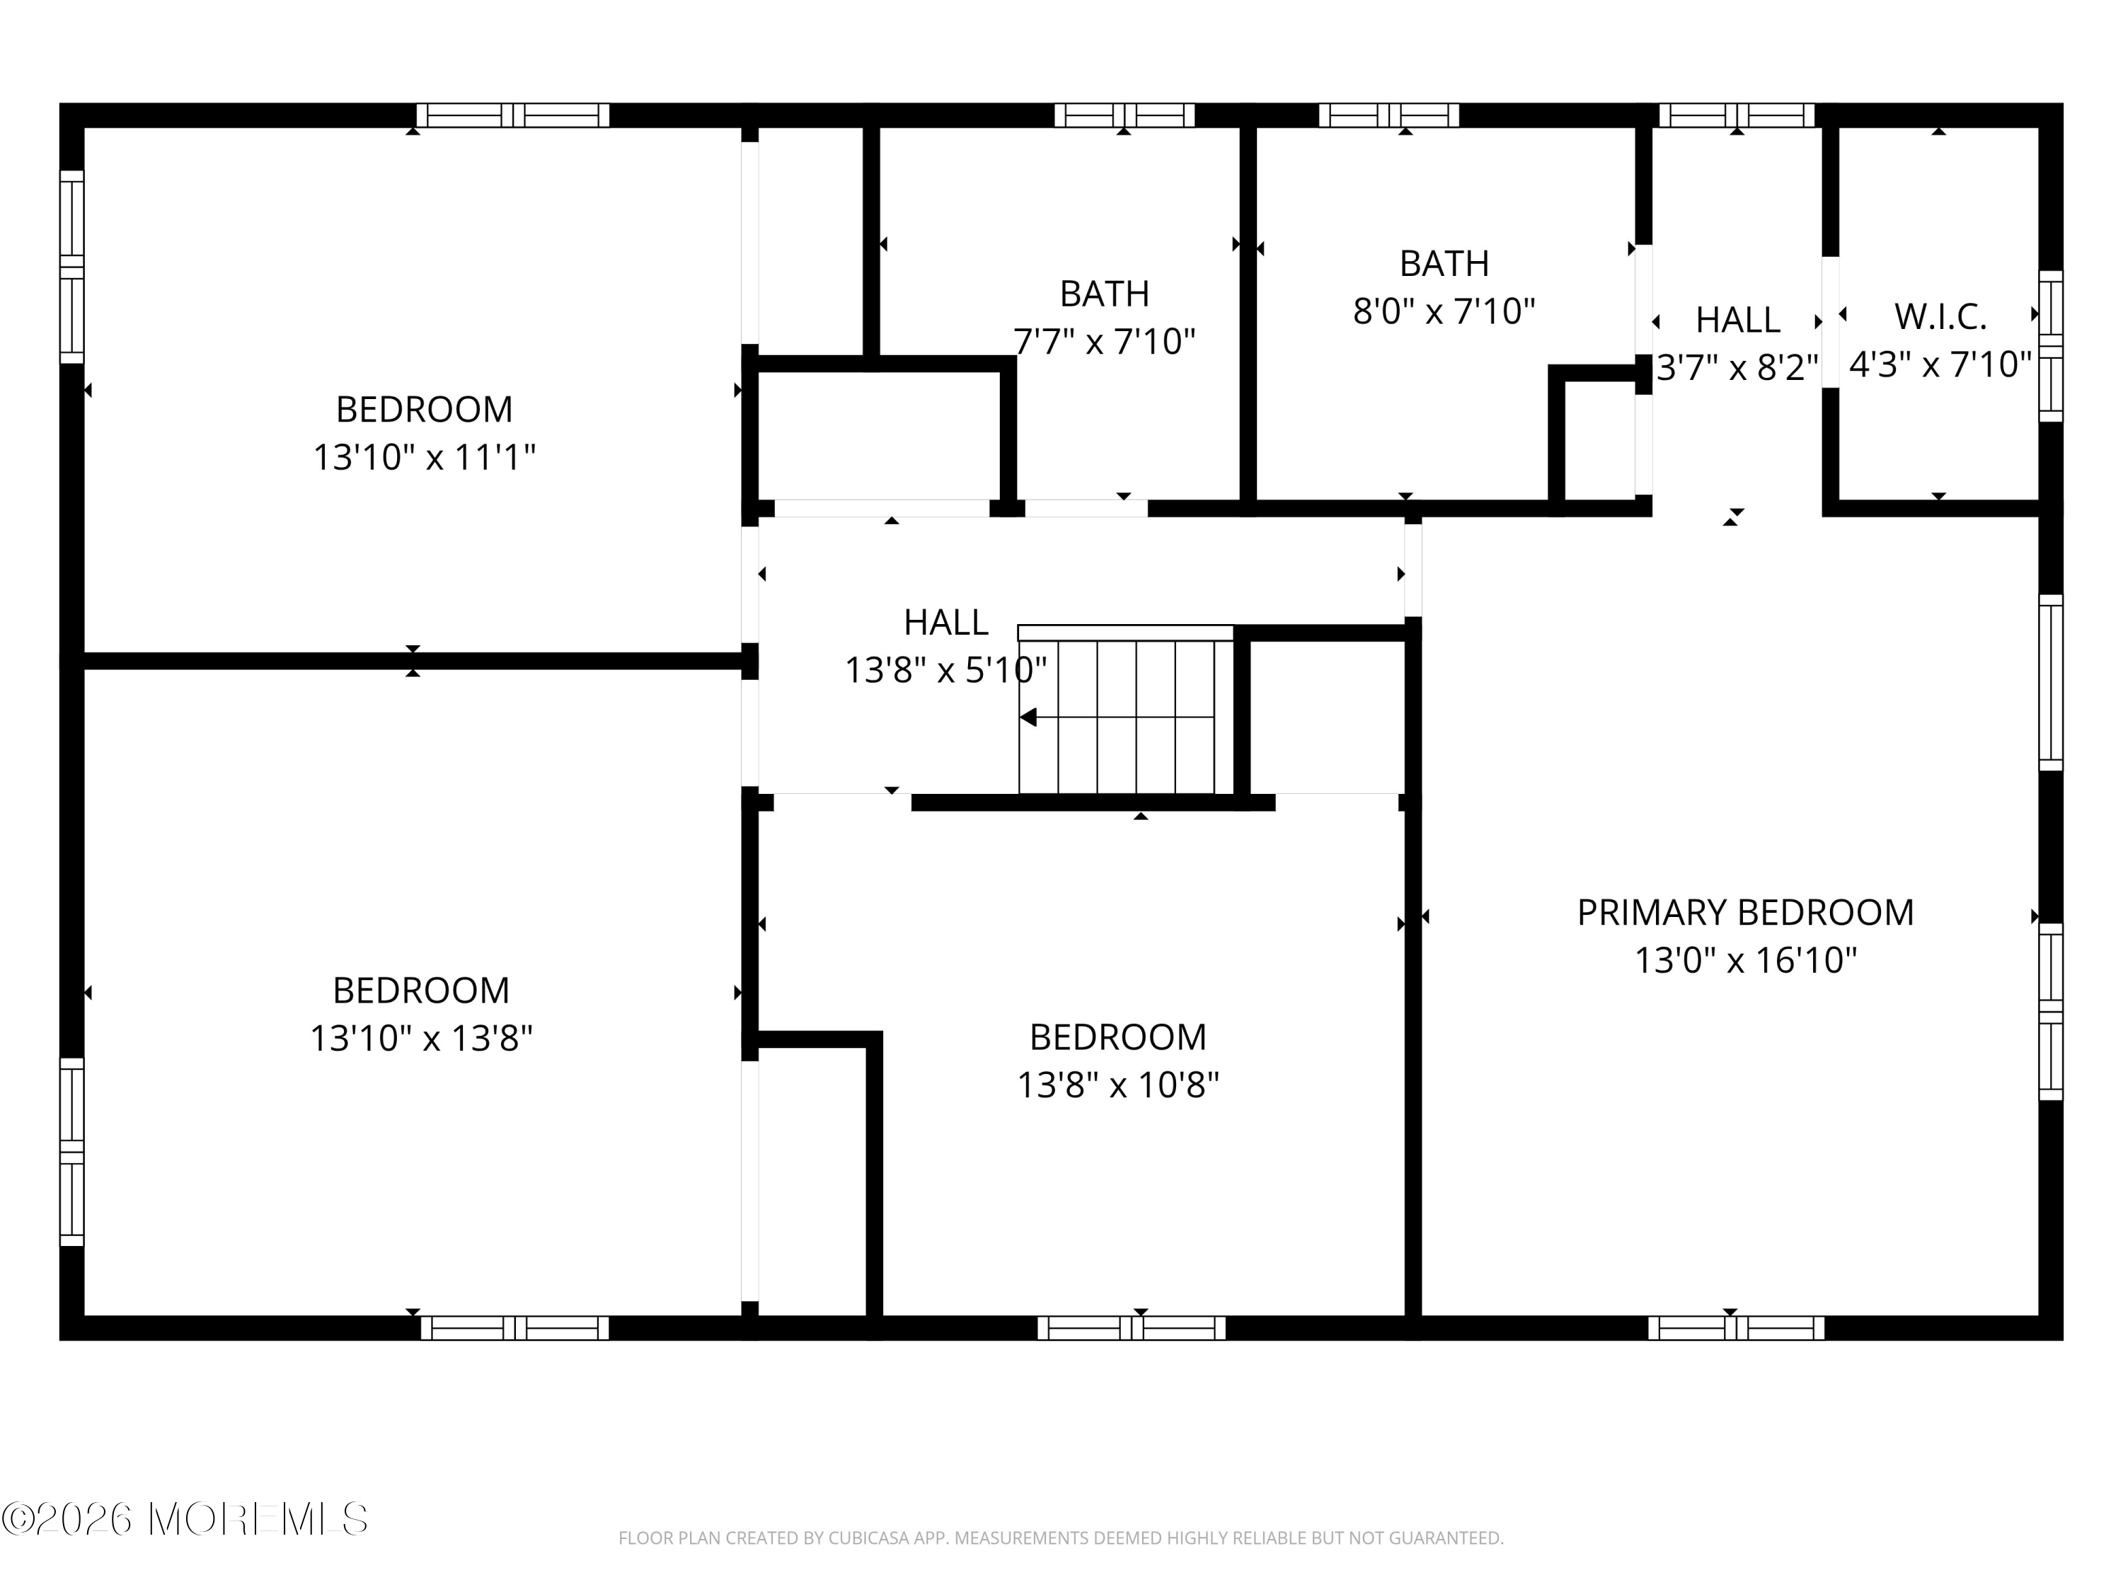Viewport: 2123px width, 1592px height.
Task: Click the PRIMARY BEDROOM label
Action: tap(1745, 913)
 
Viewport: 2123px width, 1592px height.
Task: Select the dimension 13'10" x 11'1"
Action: tap(424, 458)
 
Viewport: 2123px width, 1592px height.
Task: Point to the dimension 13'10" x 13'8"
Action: tap(420, 1038)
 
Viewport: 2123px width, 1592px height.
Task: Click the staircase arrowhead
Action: tap(1029, 717)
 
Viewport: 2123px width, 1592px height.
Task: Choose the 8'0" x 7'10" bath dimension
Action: tap(1444, 312)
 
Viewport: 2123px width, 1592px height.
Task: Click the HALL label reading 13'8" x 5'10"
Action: tap(945, 623)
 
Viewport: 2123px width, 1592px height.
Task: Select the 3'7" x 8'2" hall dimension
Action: tap(1737, 367)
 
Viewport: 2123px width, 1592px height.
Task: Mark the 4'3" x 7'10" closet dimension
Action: tap(1940, 364)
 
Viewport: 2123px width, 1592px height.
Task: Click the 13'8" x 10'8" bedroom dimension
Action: tap(1117, 1085)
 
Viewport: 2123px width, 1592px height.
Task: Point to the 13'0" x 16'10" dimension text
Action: tap(1745, 961)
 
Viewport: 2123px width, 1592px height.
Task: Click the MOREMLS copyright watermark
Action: tap(184, 1519)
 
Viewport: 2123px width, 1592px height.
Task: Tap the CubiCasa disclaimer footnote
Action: tap(1061, 1538)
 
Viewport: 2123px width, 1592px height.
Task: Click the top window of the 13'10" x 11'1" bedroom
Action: tap(512, 115)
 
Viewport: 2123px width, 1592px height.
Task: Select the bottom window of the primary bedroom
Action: tap(1735, 1328)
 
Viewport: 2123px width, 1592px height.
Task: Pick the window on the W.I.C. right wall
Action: tap(2050, 345)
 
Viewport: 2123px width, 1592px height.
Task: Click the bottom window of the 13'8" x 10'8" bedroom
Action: tap(1131, 1328)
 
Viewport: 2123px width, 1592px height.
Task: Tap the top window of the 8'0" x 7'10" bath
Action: tap(1388, 115)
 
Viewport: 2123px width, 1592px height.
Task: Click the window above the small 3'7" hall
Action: tap(1735, 115)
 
